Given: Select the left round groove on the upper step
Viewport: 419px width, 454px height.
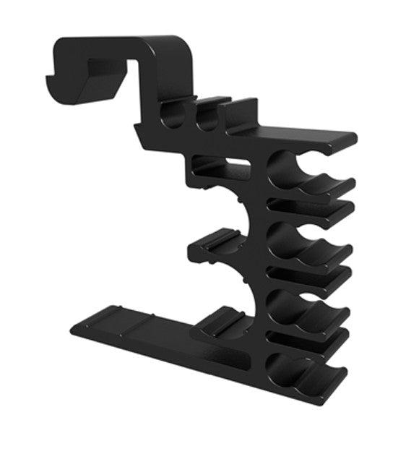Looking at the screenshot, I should [173, 116].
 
